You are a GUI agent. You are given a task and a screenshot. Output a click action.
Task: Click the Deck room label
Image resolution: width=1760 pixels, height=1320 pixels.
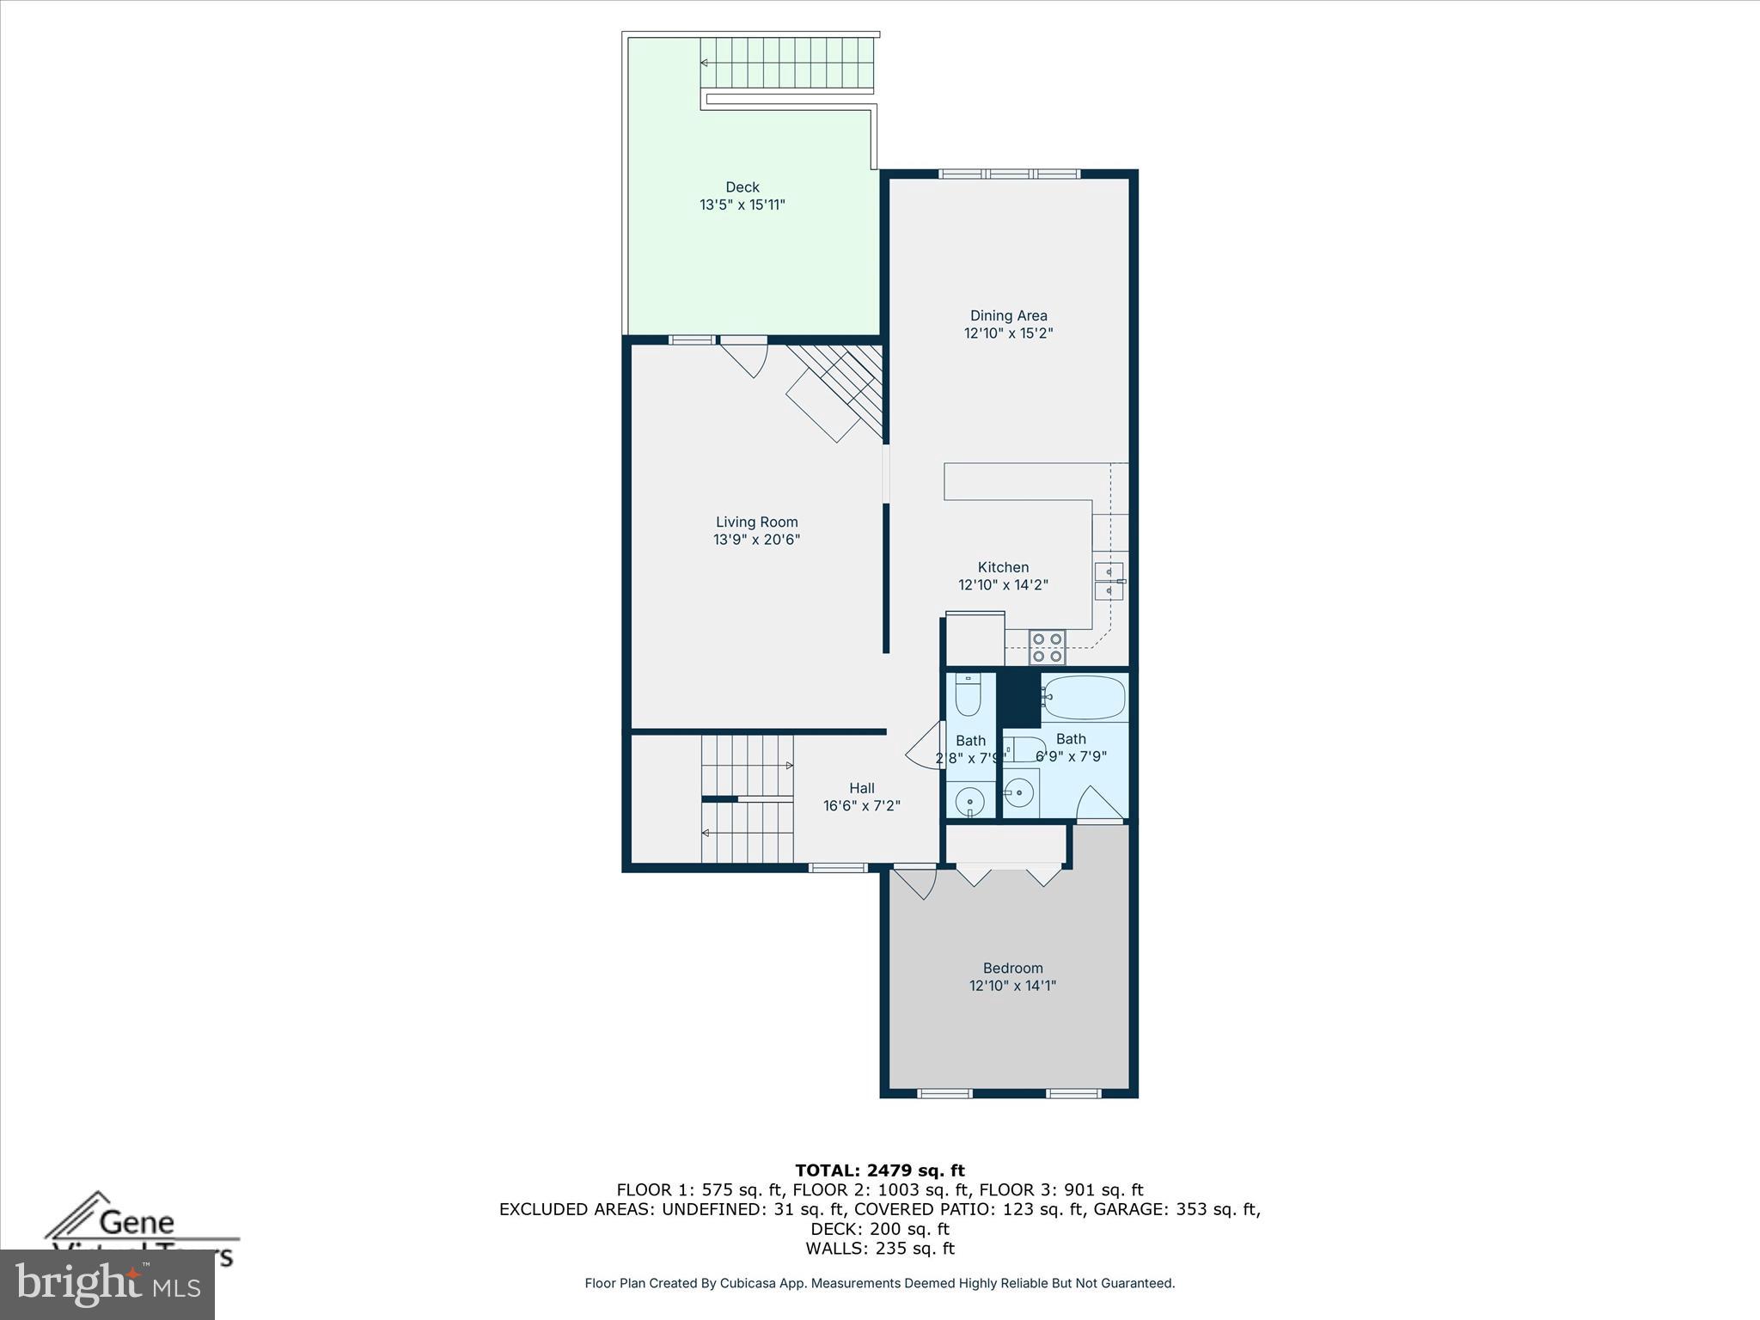(x=742, y=186)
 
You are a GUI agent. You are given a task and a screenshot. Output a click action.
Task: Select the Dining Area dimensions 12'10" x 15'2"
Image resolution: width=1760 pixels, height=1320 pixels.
(x=1008, y=333)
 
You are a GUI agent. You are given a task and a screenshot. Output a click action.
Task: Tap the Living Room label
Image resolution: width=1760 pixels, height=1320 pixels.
(x=756, y=522)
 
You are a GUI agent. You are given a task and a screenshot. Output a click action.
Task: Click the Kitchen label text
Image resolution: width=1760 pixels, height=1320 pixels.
(x=1003, y=567)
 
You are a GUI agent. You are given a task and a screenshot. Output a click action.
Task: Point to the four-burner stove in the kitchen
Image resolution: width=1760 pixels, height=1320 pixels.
(x=1047, y=647)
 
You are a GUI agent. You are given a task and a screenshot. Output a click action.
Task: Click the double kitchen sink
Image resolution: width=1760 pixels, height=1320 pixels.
(x=1109, y=582)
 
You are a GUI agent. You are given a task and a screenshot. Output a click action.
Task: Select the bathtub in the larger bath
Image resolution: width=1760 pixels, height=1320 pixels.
(x=1083, y=697)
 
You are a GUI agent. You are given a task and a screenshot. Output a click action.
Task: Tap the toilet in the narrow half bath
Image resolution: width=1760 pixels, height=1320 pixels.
(x=969, y=695)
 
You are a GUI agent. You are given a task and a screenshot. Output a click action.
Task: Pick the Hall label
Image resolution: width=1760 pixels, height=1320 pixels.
(x=861, y=788)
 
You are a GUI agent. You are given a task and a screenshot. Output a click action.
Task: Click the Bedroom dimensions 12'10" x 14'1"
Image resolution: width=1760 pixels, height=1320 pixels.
(x=1012, y=986)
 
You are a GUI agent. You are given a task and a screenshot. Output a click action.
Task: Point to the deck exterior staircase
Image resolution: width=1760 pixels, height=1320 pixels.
(x=787, y=63)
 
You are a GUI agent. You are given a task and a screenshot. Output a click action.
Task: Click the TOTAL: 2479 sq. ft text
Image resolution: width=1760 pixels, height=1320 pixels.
(x=879, y=1170)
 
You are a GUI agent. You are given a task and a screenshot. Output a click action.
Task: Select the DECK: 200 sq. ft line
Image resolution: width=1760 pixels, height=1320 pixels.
(x=879, y=1229)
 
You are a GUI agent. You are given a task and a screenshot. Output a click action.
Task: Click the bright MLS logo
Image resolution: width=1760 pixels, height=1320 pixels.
(x=107, y=1285)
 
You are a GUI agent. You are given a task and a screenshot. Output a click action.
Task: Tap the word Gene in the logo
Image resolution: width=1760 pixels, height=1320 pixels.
(x=137, y=1221)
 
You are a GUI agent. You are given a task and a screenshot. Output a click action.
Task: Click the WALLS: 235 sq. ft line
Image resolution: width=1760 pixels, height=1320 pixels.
(x=879, y=1249)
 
